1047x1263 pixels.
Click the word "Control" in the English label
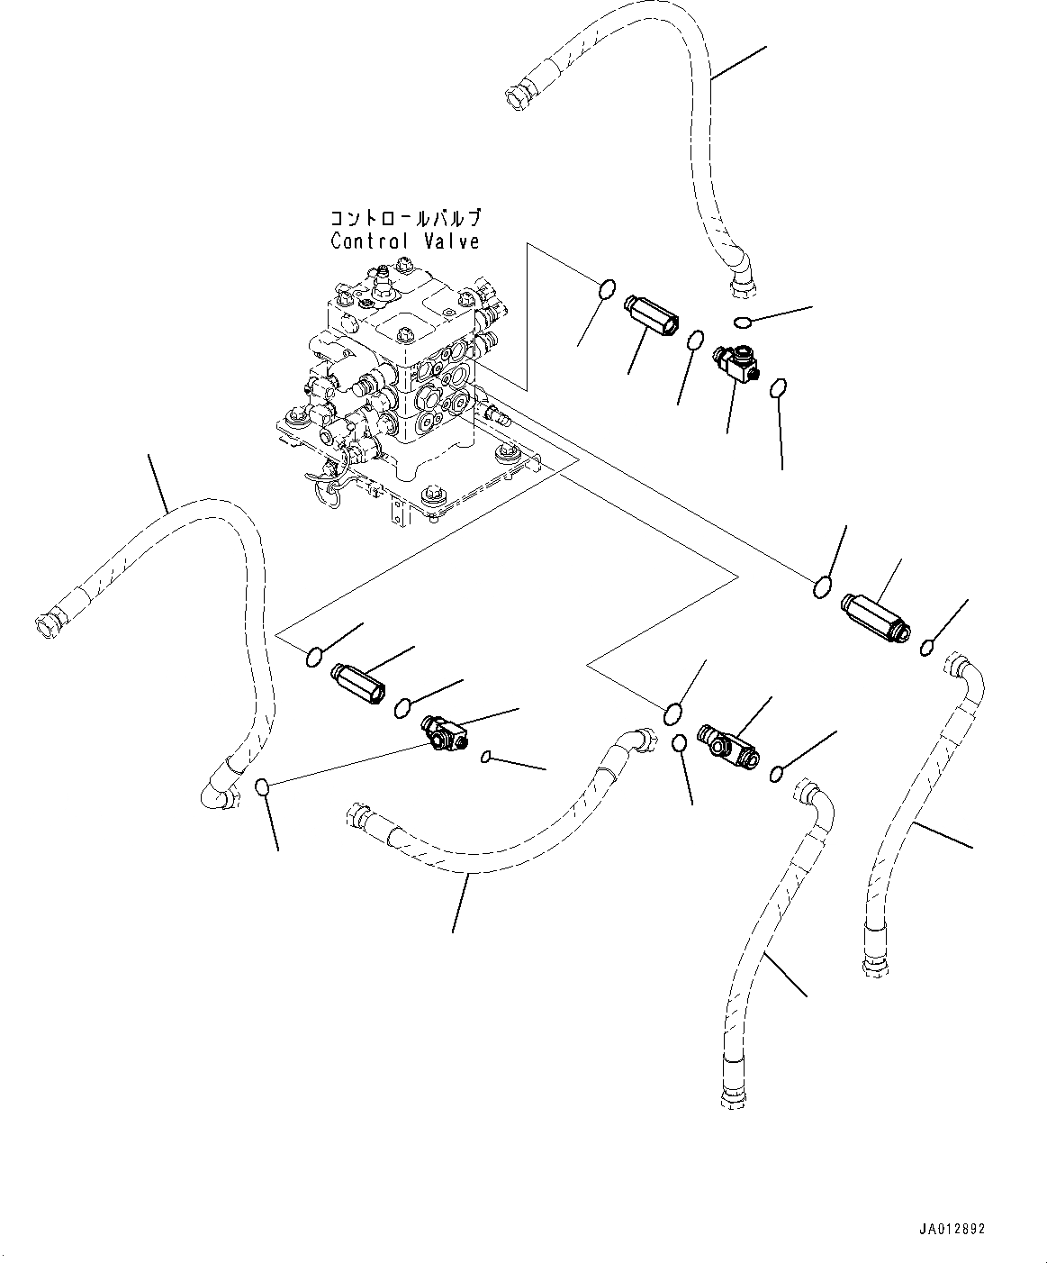pos(365,241)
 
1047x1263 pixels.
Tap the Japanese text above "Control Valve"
pos(405,219)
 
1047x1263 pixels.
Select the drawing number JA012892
pos(952,1229)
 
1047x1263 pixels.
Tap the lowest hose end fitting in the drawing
pos(730,1097)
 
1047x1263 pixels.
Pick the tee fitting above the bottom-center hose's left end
pos(443,731)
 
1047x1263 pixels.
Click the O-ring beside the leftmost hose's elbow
pos(262,787)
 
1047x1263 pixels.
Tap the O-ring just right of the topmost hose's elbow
pos(742,323)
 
